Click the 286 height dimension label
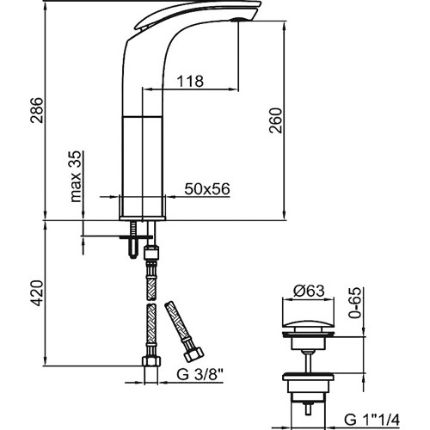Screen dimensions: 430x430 tap(37, 110)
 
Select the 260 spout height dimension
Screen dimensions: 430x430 tap(275, 120)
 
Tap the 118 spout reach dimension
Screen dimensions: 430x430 tap(190, 81)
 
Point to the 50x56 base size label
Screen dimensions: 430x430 tap(207, 189)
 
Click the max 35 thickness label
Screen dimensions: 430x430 tap(77, 176)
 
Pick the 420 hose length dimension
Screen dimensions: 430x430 tap(37, 293)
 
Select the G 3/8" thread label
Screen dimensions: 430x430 tap(200, 374)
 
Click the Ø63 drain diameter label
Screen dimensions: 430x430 tap(309, 291)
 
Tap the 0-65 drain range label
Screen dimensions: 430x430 tap(355, 303)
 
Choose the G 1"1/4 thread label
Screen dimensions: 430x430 tap(372, 421)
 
